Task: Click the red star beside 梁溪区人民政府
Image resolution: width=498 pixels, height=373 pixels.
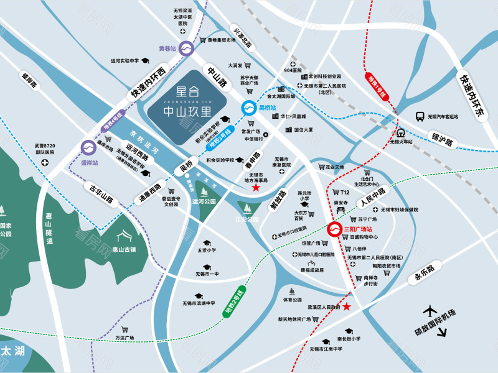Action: [347, 307]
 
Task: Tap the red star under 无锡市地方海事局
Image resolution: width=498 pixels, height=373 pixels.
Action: [256, 187]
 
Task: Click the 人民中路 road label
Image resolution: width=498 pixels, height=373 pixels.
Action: [372, 198]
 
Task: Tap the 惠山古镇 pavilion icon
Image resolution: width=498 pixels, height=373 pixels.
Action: [126, 235]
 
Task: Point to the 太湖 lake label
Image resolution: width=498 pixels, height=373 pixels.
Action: [13, 351]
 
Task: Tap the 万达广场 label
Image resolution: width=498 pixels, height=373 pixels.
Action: [125, 338]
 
